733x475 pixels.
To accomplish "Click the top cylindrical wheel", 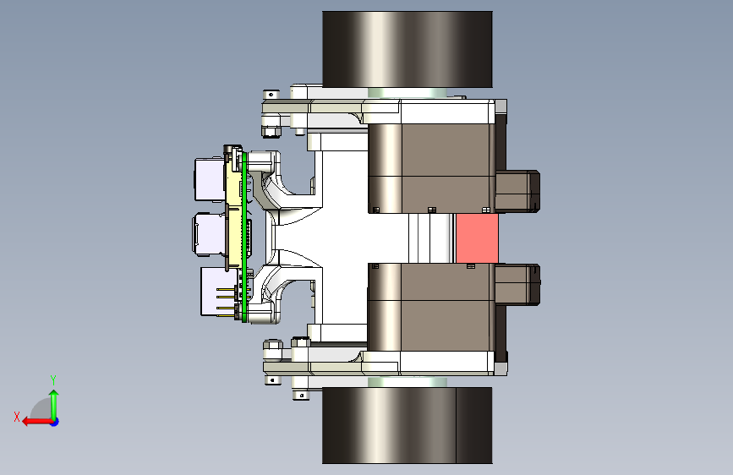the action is (408, 49).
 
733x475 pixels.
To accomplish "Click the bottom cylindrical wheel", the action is (408, 425).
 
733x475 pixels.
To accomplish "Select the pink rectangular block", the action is (477, 238).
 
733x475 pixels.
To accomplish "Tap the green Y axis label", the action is (53, 379).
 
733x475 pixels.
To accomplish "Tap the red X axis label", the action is (17, 417).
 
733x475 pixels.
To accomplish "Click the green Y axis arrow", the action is (54, 405).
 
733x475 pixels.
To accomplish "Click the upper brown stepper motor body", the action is (431, 168).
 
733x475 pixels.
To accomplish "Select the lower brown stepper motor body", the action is (431, 307).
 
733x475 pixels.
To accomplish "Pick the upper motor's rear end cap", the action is (517, 191).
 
